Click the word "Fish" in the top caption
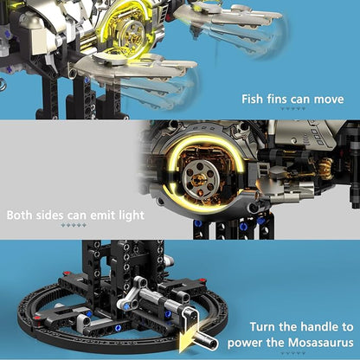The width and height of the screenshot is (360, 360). coord(253,100)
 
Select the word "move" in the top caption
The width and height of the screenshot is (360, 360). coord(329,100)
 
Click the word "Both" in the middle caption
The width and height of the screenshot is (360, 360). coord(19,215)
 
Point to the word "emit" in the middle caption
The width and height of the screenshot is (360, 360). coord(99,215)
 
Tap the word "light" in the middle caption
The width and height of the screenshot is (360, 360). coord(129,215)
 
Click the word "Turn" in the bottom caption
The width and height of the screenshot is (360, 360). coord(263,327)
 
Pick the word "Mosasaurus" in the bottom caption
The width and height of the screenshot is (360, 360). coord(321,344)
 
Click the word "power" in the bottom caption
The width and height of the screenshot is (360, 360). coord(245,344)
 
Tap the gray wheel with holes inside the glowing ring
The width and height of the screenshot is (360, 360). coord(201,179)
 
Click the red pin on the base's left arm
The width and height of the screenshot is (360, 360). coord(36,318)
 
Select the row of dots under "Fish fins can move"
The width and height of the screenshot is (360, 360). coord(292,108)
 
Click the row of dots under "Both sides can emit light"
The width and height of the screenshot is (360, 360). coord(74,225)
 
